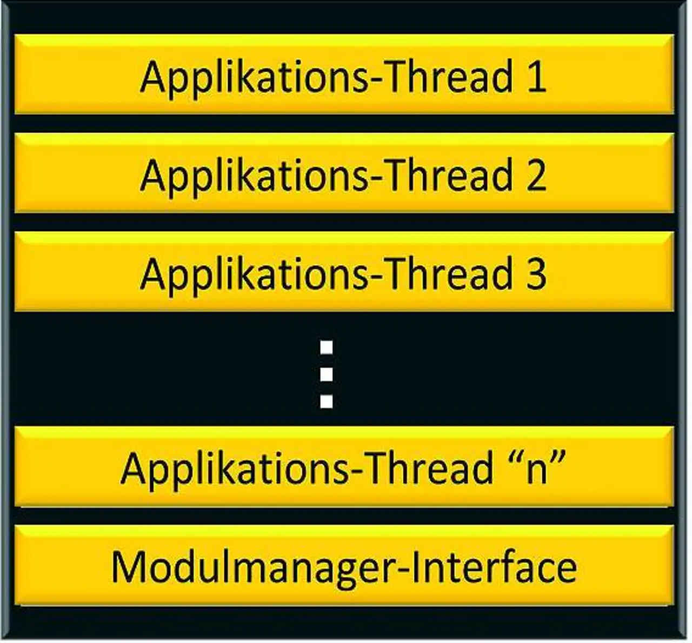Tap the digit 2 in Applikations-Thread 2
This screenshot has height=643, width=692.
536,176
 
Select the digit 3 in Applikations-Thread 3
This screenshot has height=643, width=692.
536,274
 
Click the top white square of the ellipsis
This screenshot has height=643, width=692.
327,347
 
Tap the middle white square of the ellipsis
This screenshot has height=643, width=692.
327,374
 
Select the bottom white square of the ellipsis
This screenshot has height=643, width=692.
327,401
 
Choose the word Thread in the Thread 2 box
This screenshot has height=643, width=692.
449,176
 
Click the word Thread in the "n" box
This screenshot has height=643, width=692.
430,468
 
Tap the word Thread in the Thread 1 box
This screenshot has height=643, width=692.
449,77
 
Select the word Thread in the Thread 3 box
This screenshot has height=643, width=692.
449,274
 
